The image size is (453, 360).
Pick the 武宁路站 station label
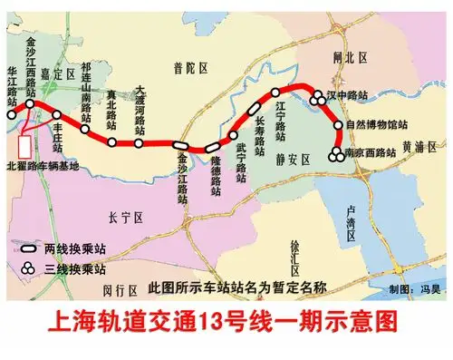(x=241, y=161)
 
